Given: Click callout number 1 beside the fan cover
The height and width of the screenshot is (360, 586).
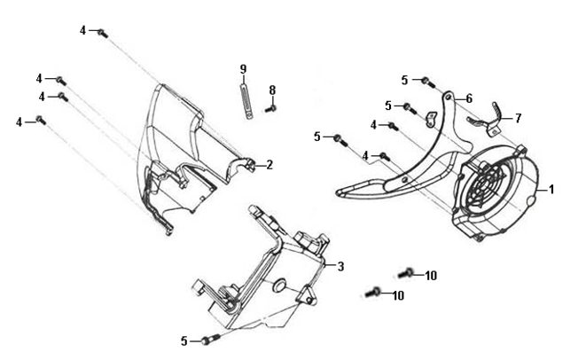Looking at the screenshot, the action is [551, 190].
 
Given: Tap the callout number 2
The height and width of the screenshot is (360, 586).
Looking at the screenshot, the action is [270, 165].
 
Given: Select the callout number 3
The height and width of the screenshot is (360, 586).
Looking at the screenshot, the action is [340, 267].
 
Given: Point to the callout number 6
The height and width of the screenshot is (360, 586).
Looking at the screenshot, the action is [469, 98].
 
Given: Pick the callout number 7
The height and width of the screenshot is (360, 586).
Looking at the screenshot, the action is [518, 119].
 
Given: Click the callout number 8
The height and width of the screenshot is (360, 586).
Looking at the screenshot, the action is [272, 90].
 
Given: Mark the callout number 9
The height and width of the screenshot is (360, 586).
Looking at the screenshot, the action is [243, 69].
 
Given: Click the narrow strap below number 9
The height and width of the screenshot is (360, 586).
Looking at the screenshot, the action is [246, 101].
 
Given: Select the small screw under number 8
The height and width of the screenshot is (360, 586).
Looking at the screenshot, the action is [270, 109].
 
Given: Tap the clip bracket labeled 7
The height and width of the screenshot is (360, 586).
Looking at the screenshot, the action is [484, 121].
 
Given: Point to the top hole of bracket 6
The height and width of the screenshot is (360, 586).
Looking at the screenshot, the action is [448, 98].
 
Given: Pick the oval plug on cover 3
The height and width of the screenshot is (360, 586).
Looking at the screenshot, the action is [279, 285].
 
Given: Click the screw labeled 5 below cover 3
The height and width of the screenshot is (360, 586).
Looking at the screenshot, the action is [210, 339].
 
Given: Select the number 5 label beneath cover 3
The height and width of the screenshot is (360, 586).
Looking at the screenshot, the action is [184, 341].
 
